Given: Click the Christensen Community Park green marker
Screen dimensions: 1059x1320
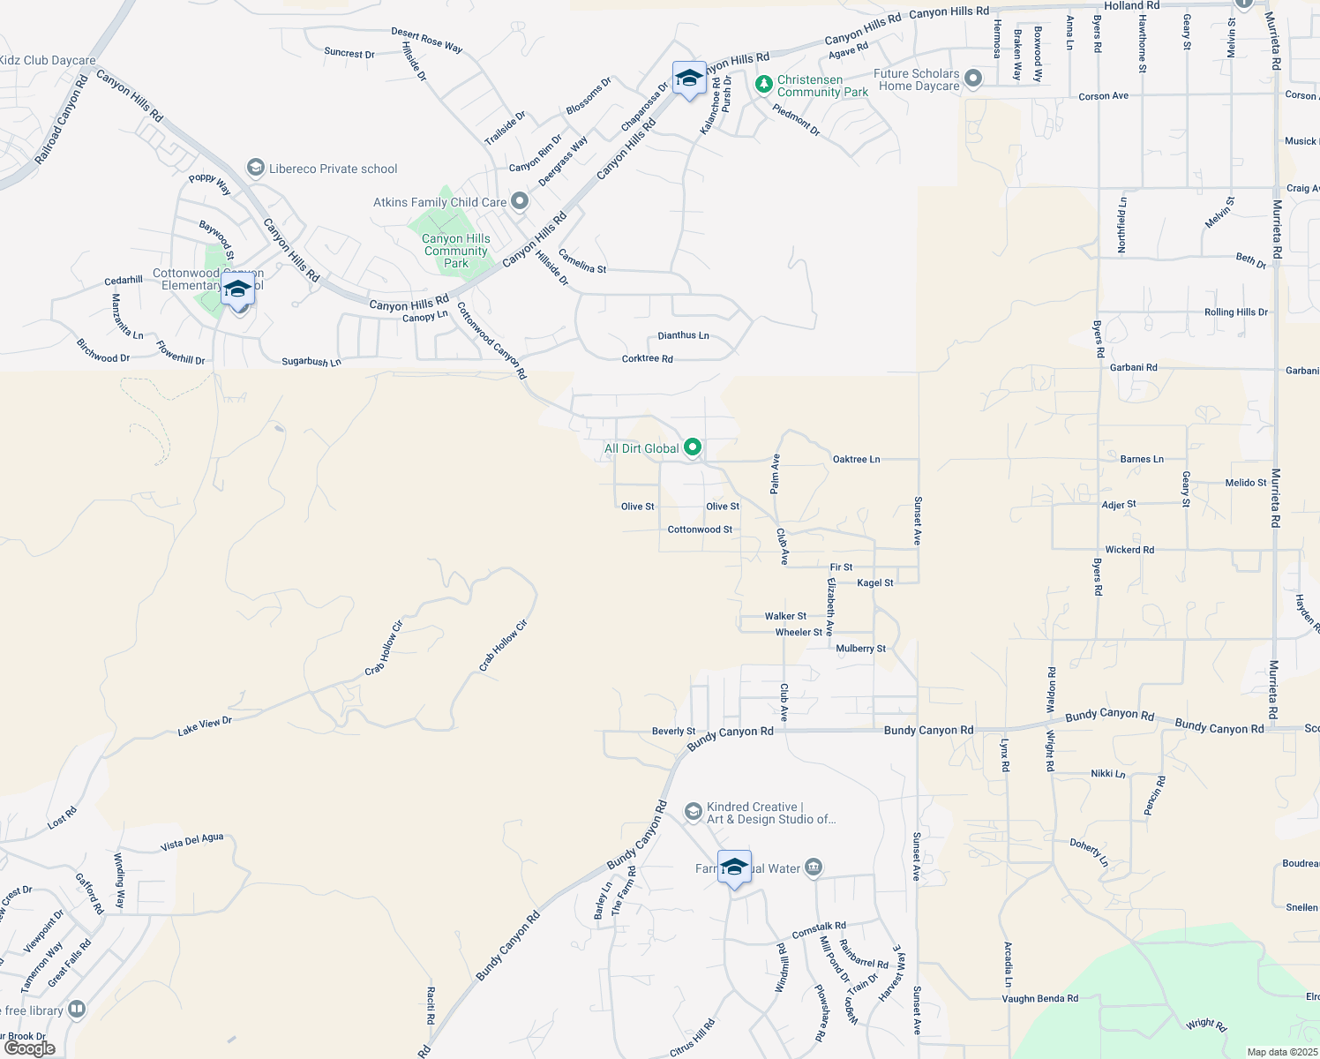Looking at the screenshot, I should [x=764, y=85].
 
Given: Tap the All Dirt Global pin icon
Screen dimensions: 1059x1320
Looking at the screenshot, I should [x=693, y=448].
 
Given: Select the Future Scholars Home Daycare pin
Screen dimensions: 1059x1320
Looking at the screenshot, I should [x=973, y=79].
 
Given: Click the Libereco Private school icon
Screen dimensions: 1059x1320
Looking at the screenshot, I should [x=256, y=168].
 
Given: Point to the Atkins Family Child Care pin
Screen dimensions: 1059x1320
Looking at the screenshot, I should [x=520, y=202].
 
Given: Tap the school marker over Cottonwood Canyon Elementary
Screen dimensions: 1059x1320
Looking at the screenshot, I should [x=237, y=289].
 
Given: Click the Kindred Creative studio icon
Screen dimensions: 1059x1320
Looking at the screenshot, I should [x=694, y=811].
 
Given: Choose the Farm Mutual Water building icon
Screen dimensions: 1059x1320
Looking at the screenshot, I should [x=814, y=868].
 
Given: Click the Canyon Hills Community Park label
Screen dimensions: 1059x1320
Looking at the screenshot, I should [x=455, y=251].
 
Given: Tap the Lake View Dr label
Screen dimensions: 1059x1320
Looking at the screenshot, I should [x=205, y=726].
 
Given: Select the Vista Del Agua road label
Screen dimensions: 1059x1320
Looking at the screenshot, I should [x=192, y=843].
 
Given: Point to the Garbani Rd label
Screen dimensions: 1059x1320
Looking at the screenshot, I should [x=1134, y=367].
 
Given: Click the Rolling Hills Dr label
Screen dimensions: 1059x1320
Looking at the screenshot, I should [x=1235, y=312].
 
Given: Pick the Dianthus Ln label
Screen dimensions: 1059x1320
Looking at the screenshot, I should [x=683, y=335].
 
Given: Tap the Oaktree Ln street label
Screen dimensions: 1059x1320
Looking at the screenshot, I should [x=856, y=459].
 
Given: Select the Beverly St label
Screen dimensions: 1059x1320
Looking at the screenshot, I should [x=673, y=731].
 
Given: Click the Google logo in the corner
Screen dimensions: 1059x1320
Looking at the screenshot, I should [x=29, y=1048].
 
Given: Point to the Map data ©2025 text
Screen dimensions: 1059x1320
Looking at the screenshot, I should [x=1281, y=1052].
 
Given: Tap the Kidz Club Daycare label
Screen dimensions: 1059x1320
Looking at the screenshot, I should [x=48, y=61].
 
